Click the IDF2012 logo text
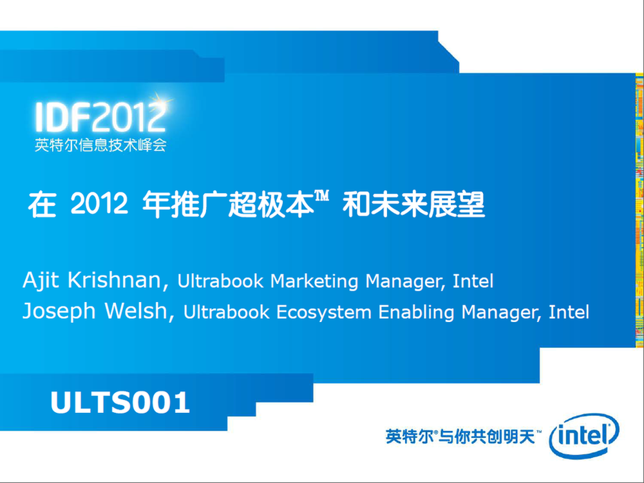100,117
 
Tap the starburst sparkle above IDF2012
160,100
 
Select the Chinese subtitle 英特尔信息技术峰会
100,145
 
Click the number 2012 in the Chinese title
99,204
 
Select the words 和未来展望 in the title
413,204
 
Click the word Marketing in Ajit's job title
314,282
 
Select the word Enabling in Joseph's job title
416,312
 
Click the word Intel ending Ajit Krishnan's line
473,281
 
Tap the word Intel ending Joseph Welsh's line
569,312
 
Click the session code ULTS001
120,402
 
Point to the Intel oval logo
583,436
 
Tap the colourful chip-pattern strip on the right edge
639,210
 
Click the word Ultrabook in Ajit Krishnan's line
220,281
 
